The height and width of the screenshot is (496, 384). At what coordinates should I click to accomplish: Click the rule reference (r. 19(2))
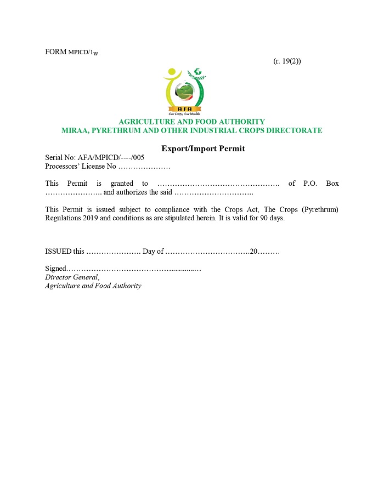point(286,61)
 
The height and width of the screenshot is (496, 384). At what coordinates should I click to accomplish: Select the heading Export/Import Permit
point(203,149)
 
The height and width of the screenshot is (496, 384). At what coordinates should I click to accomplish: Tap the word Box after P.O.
point(332,184)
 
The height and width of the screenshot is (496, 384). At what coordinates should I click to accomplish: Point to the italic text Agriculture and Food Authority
point(93,286)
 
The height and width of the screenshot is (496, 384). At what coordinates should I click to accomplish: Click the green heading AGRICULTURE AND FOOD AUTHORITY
point(192,122)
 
